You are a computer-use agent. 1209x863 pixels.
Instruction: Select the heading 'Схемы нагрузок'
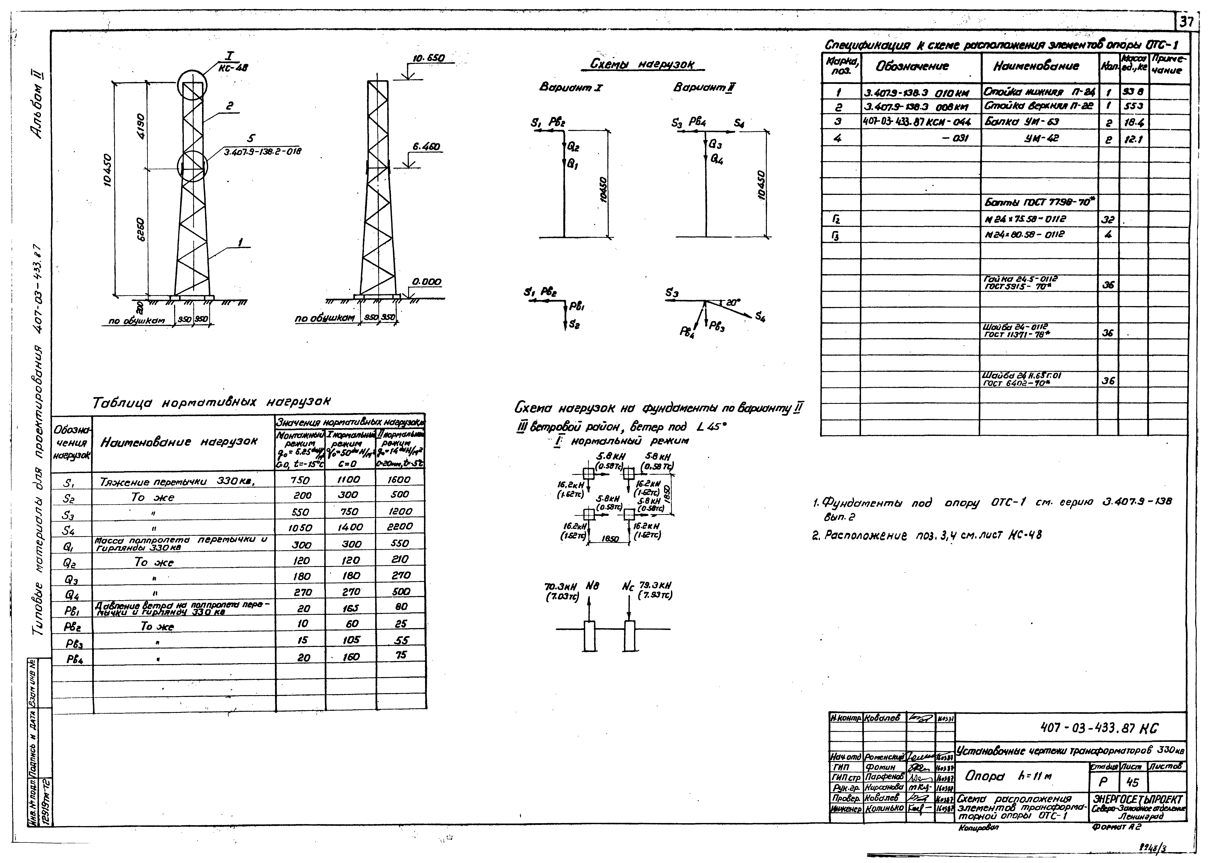[x=642, y=64]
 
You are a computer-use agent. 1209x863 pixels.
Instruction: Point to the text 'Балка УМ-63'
[x=1022, y=122]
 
